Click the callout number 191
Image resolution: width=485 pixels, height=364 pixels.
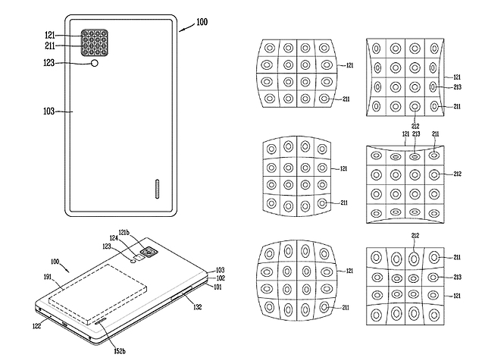[48, 278]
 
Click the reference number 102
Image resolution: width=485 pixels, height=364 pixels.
[221, 278]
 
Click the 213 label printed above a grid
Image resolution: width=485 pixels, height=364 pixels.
[415, 133]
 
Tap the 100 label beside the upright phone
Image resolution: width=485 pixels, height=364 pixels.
[201, 24]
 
